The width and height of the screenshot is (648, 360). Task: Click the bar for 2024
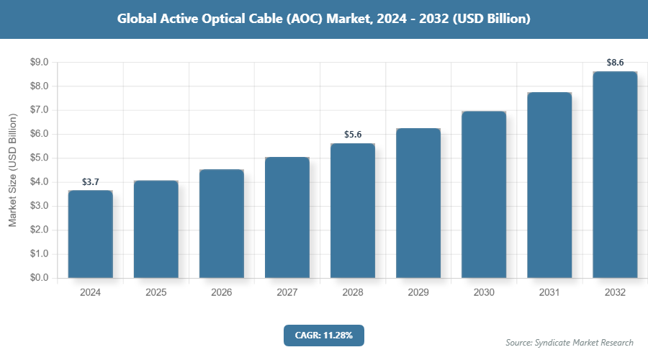click(x=91, y=234)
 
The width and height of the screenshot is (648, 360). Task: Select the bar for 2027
click(x=287, y=217)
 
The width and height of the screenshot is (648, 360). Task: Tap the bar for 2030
click(x=484, y=194)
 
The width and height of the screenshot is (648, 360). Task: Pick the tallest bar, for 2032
click(x=615, y=175)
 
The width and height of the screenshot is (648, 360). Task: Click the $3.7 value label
click(x=91, y=182)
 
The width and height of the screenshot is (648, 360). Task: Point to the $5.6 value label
click(x=353, y=135)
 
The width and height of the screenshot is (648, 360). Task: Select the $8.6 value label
click(x=615, y=63)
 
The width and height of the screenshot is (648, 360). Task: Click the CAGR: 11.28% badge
click(x=324, y=335)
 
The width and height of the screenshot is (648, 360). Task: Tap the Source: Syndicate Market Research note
click(x=570, y=342)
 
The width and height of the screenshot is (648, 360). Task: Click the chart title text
click(x=324, y=19)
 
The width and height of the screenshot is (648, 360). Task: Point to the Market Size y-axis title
click(x=13, y=170)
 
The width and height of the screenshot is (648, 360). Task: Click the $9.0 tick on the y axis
click(x=38, y=63)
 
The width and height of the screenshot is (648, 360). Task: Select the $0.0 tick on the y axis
click(x=38, y=278)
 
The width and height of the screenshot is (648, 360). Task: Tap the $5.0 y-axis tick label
click(x=38, y=158)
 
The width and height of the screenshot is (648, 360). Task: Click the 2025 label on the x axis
click(x=156, y=293)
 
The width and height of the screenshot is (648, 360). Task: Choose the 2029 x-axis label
click(x=418, y=293)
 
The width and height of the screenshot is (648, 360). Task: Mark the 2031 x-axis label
click(x=549, y=293)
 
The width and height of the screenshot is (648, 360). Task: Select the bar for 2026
click(x=222, y=224)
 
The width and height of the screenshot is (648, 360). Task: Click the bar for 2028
click(x=353, y=211)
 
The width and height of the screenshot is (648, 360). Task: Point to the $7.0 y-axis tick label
click(x=38, y=110)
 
